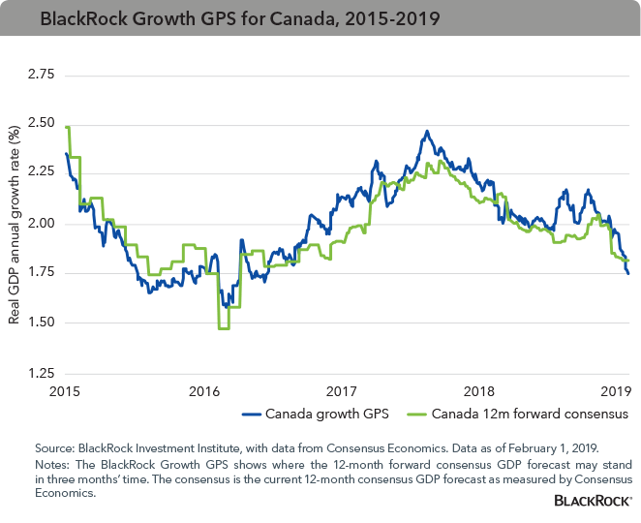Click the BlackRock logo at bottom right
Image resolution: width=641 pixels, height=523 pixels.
point(592,501)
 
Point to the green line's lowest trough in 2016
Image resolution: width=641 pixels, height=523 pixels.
point(224,329)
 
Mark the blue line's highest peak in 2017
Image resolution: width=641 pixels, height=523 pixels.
point(427,131)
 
